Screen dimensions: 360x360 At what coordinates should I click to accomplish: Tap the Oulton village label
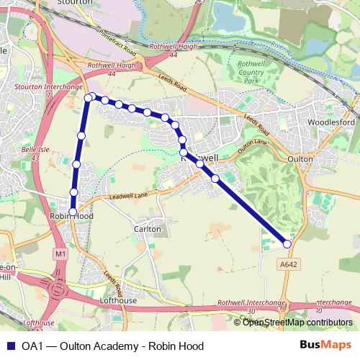click(300, 158)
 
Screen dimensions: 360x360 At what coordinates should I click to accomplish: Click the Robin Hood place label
click(71, 216)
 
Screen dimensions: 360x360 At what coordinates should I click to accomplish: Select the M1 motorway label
click(59, 253)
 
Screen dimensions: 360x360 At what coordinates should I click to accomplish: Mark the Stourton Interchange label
click(38, 88)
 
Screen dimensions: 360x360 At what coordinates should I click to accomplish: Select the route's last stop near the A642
click(287, 244)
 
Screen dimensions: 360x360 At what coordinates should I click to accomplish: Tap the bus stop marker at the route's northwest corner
click(89, 97)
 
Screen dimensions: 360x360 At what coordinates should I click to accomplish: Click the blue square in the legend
click(11, 346)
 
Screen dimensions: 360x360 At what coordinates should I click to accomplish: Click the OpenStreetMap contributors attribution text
click(297, 323)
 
